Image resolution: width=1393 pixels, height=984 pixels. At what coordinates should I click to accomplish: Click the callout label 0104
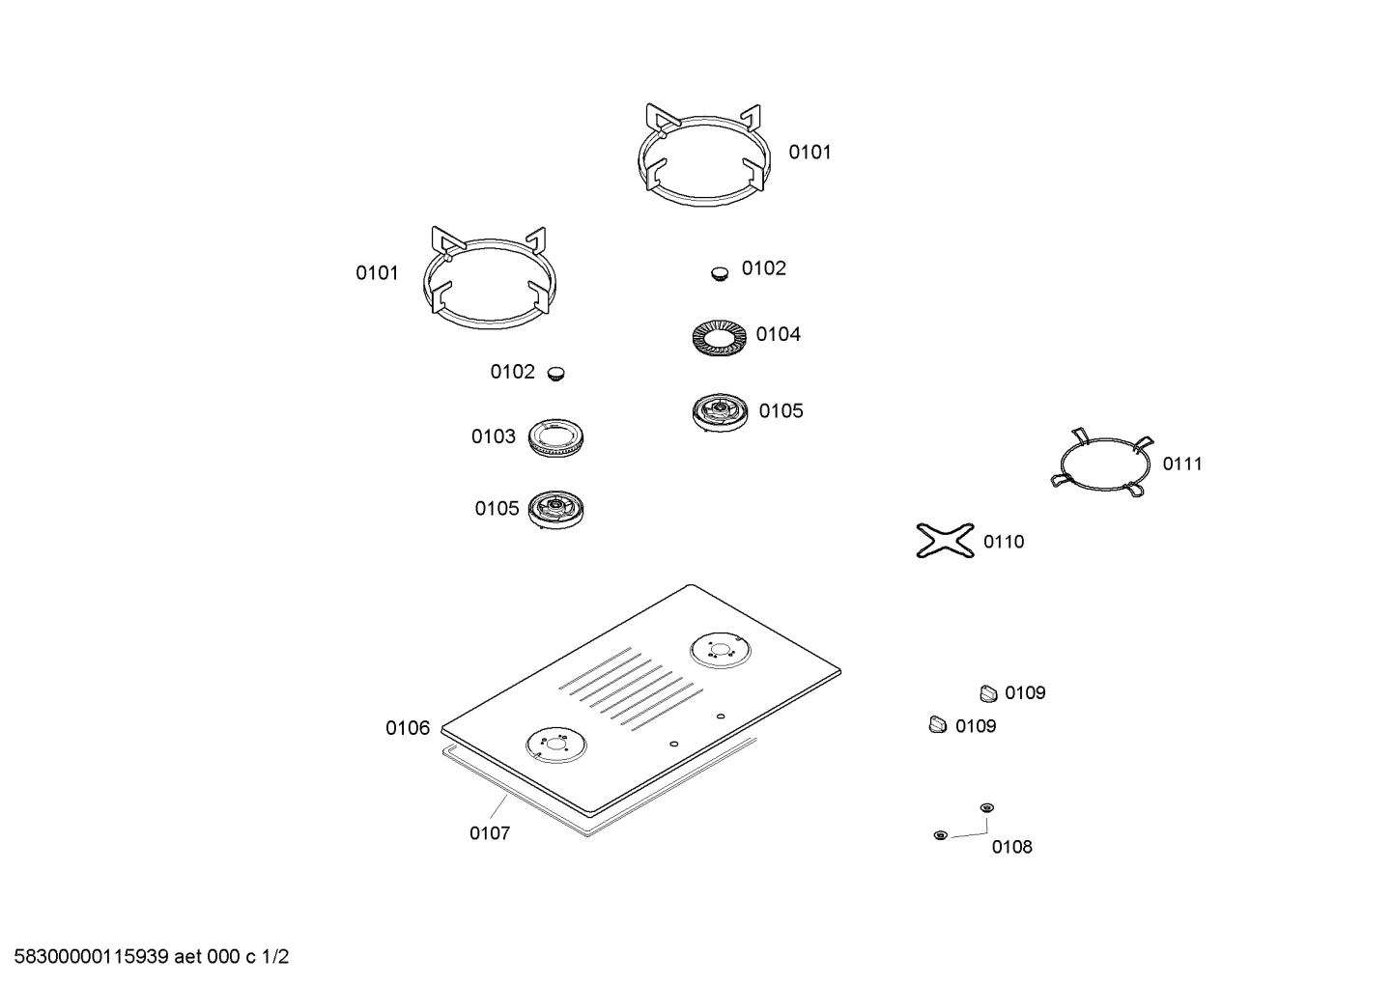(778, 334)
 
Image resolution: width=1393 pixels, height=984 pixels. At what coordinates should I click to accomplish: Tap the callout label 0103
(493, 436)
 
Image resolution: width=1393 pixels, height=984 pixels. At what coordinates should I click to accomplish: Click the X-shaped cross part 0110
(945, 540)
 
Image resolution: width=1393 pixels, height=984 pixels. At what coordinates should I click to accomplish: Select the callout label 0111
(1182, 464)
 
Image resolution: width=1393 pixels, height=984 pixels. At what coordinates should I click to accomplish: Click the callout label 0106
(408, 728)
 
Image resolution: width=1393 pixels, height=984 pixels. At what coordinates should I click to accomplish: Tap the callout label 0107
(490, 833)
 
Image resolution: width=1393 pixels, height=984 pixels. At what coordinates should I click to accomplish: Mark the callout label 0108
(1011, 847)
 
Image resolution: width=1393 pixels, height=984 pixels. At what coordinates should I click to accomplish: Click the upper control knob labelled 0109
(988, 693)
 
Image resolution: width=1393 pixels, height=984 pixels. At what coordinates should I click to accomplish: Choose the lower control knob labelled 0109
(937, 725)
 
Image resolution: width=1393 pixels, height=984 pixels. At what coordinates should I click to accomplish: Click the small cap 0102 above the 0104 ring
(720, 274)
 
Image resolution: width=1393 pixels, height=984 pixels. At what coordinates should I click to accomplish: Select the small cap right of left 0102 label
(556, 374)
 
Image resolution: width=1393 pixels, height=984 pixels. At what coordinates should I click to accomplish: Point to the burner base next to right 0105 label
(720, 412)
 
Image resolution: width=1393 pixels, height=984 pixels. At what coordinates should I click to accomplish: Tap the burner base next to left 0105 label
(556, 510)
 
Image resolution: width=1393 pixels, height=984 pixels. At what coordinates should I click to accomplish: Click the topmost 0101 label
(810, 153)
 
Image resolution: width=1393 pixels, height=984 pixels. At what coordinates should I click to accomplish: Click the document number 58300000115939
(91, 957)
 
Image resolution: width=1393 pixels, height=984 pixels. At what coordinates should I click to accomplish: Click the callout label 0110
(1004, 542)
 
